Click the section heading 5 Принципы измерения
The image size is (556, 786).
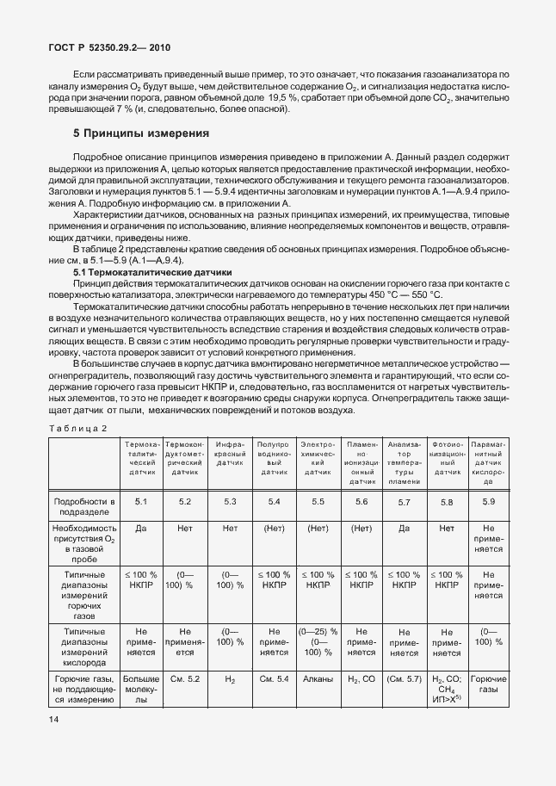coord(141,133)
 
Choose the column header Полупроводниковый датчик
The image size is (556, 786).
coord(274,462)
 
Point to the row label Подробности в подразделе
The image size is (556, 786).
coord(84,506)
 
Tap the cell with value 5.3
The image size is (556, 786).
coord(230,501)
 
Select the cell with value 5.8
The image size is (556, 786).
coord(446,501)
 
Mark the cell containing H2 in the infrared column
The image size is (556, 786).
coord(230,680)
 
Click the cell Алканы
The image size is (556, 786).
coord(318,680)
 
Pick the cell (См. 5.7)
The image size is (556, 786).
coord(404,680)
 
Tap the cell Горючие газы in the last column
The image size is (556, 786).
coord(489,685)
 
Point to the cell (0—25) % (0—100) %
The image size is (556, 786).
coord(318,642)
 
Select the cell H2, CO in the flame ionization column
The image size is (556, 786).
coord(361,680)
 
